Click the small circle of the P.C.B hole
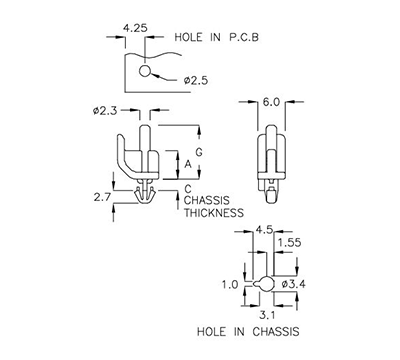pyautogui.click(x=146, y=71)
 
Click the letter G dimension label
pyautogui.click(x=199, y=151)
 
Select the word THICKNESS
pyautogui.click(x=214, y=213)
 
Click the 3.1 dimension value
pyautogui.click(x=266, y=314)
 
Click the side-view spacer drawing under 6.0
pyautogui.click(x=269, y=160)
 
